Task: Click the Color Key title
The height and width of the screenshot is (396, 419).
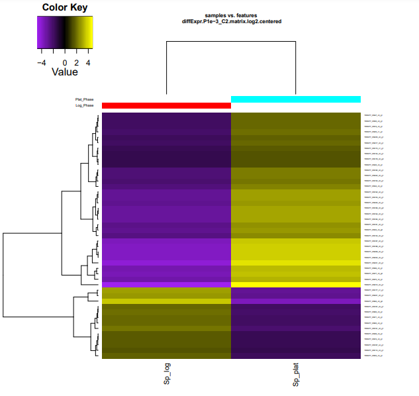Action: (x=64, y=7)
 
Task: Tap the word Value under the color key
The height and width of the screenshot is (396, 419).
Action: (x=64, y=72)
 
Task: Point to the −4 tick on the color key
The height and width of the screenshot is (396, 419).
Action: (x=41, y=61)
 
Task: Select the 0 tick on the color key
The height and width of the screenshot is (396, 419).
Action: (x=65, y=61)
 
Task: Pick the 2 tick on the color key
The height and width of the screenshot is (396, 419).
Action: (x=77, y=61)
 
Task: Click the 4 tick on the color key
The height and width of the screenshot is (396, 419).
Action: (x=89, y=61)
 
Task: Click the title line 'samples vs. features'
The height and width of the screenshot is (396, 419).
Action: (x=231, y=15)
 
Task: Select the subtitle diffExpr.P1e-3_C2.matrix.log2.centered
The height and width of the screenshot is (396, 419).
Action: (x=231, y=21)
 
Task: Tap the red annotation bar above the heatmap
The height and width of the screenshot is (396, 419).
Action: (x=166, y=105)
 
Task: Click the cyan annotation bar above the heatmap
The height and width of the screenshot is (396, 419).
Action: (x=295, y=99)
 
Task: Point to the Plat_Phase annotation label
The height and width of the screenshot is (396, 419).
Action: (x=84, y=99)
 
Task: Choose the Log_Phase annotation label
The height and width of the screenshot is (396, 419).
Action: (x=84, y=105)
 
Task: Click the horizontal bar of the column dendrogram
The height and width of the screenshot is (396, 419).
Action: (x=231, y=41)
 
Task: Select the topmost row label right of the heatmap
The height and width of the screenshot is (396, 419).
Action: (x=374, y=116)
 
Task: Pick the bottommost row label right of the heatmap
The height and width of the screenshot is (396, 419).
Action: (x=374, y=356)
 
